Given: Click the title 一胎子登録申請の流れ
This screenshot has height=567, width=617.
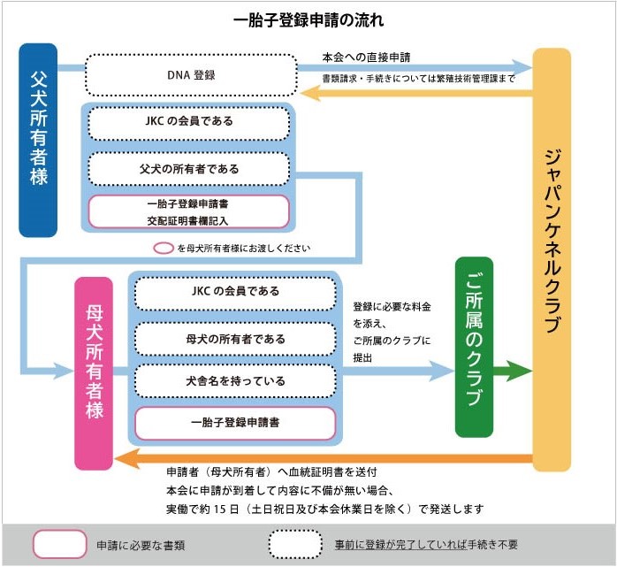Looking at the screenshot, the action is [x=308, y=20].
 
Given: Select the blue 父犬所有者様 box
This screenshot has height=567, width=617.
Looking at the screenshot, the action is [x=38, y=140].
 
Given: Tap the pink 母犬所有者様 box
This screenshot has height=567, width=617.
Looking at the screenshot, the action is [x=94, y=373].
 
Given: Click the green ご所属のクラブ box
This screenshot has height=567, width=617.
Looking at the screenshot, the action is [x=474, y=347].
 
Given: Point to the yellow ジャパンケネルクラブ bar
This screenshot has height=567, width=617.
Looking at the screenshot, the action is [x=552, y=259].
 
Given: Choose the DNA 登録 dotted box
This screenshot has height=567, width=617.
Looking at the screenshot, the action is [x=191, y=75].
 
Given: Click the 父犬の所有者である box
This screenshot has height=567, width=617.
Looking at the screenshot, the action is [x=189, y=169].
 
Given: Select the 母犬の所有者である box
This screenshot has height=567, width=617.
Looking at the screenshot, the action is [x=235, y=339].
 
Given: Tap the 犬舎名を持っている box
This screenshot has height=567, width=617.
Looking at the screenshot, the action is [x=235, y=380].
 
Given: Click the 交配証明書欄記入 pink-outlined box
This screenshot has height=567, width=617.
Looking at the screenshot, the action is [x=188, y=211].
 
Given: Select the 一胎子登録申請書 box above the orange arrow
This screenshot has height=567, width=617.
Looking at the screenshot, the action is [x=235, y=423].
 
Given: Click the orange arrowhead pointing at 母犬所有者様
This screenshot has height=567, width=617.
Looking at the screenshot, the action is [x=126, y=459].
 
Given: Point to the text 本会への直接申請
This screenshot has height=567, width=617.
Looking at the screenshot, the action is [x=366, y=57].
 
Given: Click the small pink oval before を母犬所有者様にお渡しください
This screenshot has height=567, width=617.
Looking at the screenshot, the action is [x=164, y=248].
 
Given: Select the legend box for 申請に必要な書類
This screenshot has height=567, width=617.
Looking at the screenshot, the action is [x=60, y=544].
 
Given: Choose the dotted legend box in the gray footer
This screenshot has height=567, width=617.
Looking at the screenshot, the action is [x=295, y=544].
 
